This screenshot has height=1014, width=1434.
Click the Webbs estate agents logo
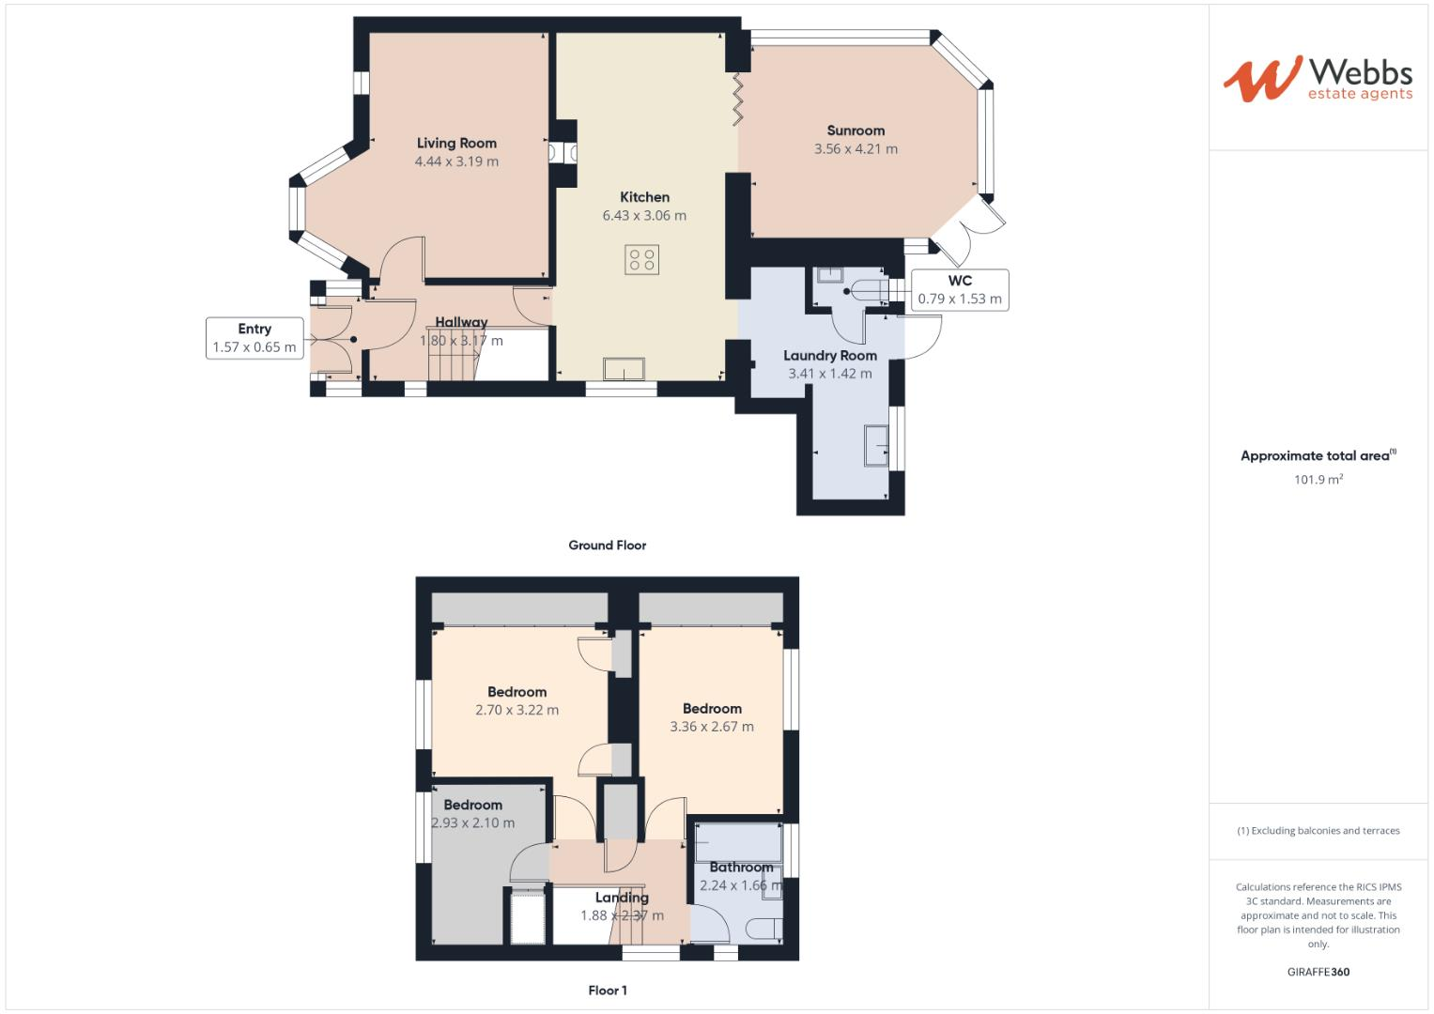click(1318, 78)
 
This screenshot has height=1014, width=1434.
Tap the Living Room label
click(456, 143)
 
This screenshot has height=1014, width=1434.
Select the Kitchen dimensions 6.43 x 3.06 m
click(644, 215)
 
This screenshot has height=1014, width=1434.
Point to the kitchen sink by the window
click(624, 368)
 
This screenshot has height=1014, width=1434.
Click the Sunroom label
click(856, 131)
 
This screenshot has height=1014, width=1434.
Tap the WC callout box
click(959, 290)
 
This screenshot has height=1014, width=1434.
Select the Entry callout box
click(254, 338)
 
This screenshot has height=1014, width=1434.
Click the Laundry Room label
click(830, 356)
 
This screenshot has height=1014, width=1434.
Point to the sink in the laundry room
click(877, 446)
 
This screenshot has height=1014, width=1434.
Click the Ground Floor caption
click(607, 545)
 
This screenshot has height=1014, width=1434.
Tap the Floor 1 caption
click(608, 991)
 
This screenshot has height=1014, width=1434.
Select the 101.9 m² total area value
click(1318, 480)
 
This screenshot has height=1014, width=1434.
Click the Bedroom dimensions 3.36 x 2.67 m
click(711, 727)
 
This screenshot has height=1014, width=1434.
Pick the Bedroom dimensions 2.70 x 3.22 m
click(517, 710)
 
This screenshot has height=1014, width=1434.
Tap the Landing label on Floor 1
click(622, 898)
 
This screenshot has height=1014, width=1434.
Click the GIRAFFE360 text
click(1318, 972)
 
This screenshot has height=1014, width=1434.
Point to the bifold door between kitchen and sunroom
click(738, 99)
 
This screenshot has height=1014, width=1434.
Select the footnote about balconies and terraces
click(1318, 831)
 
